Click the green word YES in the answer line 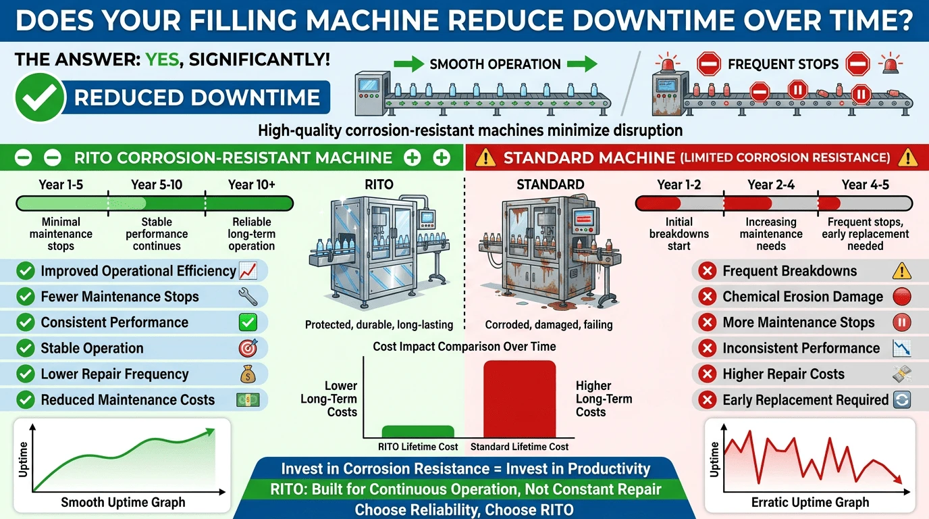tap(162, 59)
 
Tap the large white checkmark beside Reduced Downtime tap(39, 97)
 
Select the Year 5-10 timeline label tap(157, 184)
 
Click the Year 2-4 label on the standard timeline tap(771, 184)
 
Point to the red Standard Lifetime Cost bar tap(520, 399)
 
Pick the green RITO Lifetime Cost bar tap(418, 432)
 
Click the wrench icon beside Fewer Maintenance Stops tap(248, 297)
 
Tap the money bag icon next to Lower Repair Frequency tap(248, 374)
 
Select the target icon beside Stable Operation tap(248, 348)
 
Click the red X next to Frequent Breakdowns tap(708, 271)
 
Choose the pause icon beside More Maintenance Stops tap(901, 322)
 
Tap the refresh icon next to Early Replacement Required tap(901, 400)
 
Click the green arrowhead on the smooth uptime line tap(209, 432)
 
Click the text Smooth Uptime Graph tap(123, 502)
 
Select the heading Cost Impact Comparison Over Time tap(464, 346)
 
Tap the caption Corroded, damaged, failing tap(549, 324)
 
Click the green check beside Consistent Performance tap(25, 322)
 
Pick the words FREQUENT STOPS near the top tap(783, 64)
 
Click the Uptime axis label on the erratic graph tap(714, 460)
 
